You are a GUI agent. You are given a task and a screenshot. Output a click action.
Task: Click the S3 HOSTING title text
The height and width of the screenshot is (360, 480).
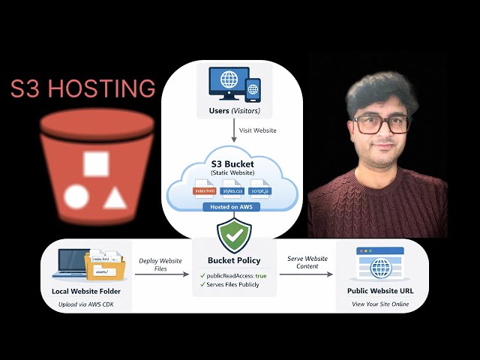[82, 88]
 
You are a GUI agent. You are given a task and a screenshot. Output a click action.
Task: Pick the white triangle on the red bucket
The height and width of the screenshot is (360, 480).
[114, 198]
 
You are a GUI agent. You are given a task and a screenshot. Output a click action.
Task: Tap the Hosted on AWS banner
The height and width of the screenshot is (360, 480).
[233, 205]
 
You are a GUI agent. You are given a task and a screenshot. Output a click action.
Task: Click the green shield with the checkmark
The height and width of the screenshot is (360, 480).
[234, 235]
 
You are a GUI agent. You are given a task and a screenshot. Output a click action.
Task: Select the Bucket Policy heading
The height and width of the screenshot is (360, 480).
[234, 261]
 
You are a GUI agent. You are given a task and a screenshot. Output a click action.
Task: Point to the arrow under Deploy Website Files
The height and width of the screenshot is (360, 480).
[161, 274]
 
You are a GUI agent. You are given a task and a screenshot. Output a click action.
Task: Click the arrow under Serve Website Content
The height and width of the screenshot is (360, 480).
[306, 274]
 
